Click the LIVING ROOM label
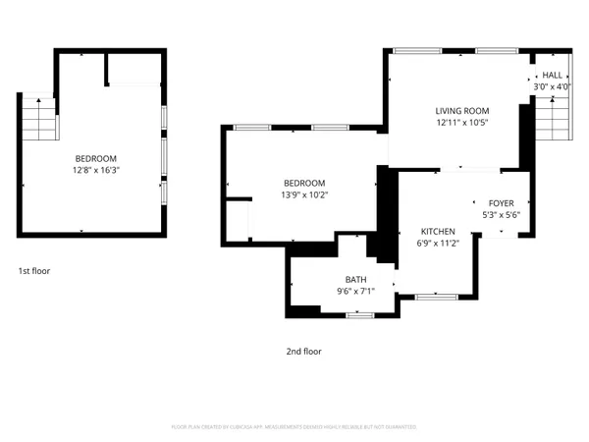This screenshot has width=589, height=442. (x=461, y=111)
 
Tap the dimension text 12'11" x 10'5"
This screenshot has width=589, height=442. (x=461, y=123)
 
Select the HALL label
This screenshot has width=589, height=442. (x=552, y=75)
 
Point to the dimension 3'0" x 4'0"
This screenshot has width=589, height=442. (x=552, y=86)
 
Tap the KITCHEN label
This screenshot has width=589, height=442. (x=438, y=231)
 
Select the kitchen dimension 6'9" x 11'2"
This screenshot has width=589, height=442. (x=438, y=243)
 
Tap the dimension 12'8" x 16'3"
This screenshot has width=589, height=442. (x=96, y=170)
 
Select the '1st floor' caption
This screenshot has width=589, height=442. (x=34, y=270)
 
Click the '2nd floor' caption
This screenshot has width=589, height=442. (x=303, y=351)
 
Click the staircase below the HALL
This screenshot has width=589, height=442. (x=552, y=123)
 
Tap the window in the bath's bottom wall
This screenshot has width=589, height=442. (x=360, y=315)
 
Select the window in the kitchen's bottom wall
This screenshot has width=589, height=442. (x=431, y=296)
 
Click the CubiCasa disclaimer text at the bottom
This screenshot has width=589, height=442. (x=294, y=427)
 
